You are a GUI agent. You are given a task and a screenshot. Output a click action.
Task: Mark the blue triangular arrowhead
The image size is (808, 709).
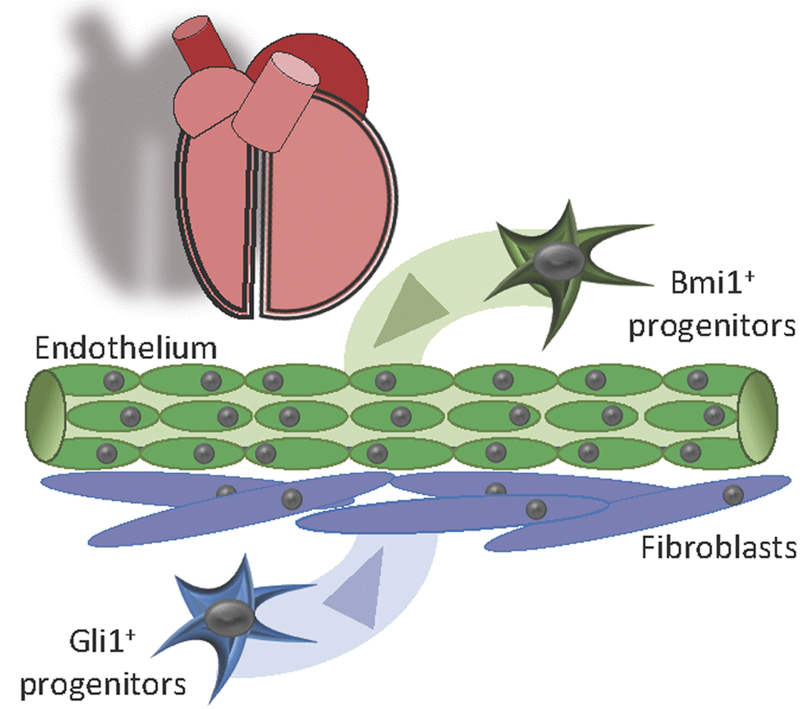[x=354, y=584]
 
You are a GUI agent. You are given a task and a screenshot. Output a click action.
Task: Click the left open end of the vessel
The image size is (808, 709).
[x=45, y=417]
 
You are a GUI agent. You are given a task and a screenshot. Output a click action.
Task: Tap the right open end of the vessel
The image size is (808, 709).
[x=758, y=417]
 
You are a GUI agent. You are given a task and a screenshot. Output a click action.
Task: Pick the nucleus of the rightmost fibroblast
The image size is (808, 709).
[x=734, y=494]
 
